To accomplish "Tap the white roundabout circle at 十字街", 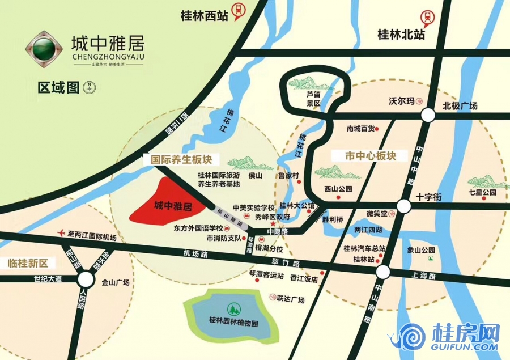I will point(403,206).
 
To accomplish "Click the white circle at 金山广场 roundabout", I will point(86,279).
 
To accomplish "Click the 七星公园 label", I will point(483,193).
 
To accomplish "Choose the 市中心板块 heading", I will point(371,155).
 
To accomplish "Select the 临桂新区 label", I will point(29,263).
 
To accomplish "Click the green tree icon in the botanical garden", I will point(231,310).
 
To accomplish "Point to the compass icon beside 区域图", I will point(90,87).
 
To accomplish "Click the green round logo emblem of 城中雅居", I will point(44,48).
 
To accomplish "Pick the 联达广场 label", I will point(291,299).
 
